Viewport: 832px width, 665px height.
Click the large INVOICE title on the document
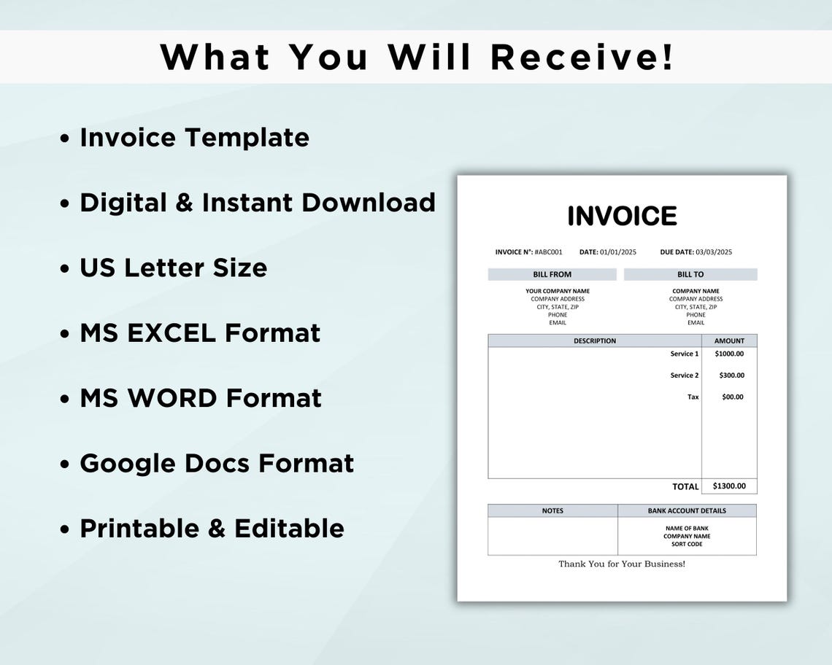622,216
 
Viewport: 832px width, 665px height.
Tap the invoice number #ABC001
548,252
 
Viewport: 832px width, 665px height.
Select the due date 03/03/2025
713,252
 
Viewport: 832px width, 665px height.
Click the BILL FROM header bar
552,274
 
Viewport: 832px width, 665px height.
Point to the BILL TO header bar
690,274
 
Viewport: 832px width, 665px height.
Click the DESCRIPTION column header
594,341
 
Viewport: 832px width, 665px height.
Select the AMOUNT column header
729,341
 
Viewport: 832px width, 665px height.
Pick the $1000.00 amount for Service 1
729,354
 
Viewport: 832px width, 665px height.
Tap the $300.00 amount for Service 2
731,376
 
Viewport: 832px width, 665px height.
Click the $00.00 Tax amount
732,397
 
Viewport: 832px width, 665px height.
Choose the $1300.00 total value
729,486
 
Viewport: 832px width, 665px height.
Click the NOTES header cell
552,510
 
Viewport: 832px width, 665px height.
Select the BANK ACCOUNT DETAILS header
687,510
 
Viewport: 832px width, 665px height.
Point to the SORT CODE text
687,544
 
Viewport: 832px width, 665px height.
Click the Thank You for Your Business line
622,564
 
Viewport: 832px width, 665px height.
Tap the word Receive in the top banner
582,57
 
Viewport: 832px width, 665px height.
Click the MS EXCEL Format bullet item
200,332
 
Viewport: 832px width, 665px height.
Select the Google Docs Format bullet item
217,463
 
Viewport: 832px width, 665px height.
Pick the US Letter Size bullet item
173,268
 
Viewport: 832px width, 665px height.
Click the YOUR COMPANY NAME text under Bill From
558,291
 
